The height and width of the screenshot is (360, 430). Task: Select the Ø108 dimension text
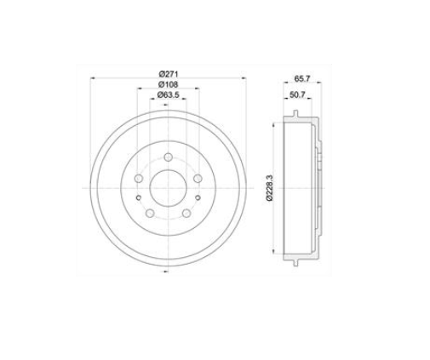(x=168, y=86)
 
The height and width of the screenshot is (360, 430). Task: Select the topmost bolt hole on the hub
(x=168, y=157)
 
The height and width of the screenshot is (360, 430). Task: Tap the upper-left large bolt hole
(x=139, y=179)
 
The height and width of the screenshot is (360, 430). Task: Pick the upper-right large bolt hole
(x=197, y=179)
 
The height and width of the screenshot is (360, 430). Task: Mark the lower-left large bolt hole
(x=150, y=213)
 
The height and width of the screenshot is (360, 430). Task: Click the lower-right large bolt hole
(x=186, y=213)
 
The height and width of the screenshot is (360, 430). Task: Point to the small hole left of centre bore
(x=140, y=197)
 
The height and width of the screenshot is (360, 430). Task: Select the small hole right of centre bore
(x=196, y=197)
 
